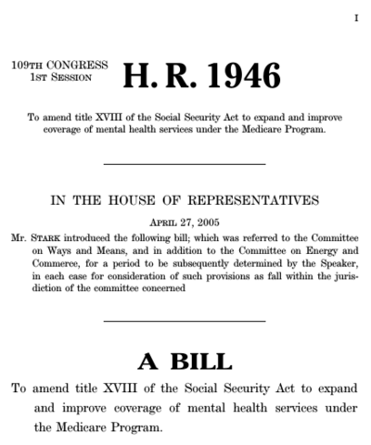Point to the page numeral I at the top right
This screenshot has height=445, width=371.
coord(355,18)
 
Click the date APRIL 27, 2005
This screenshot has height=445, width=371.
coord(184,223)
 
